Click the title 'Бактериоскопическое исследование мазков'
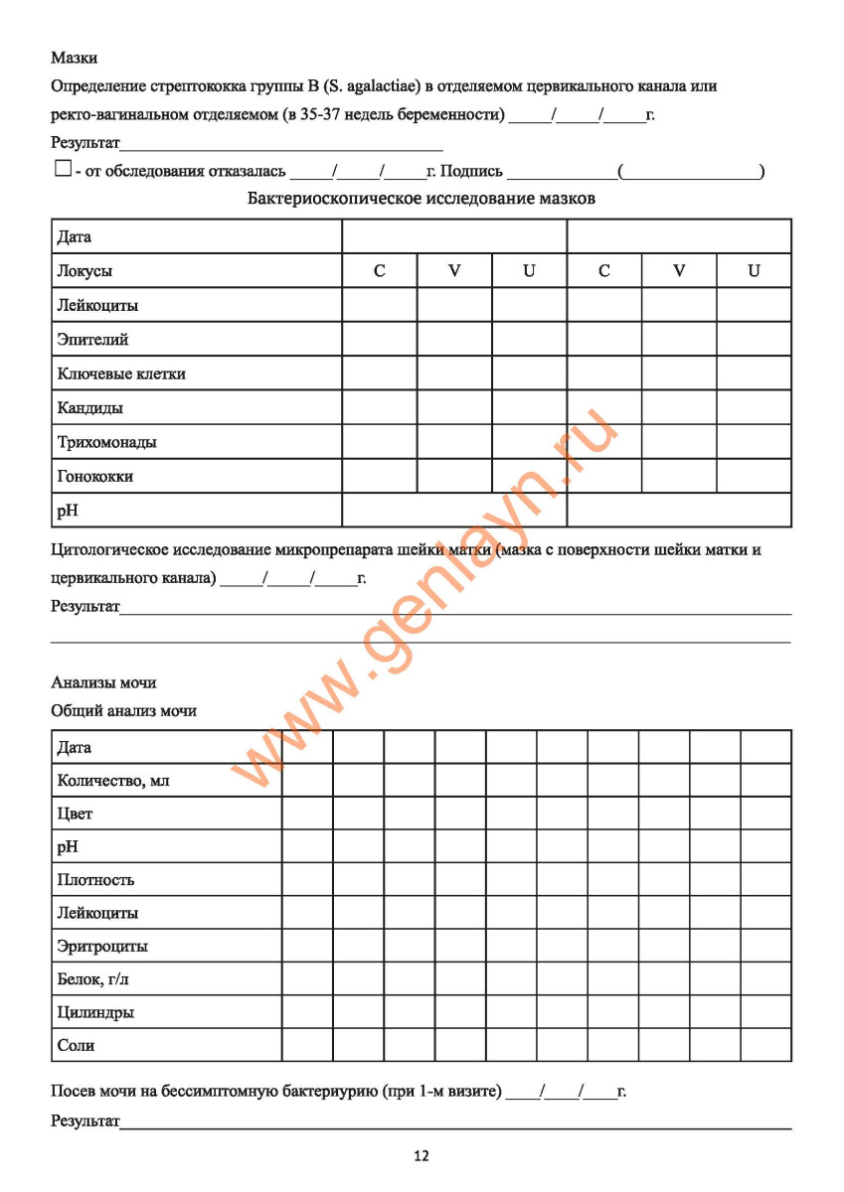point(422,198)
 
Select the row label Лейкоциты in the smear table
point(98,305)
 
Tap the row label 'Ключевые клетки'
point(121,373)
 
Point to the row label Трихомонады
point(107,442)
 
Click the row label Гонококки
point(95,476)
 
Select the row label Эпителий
point(93,340)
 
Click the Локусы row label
point(85,271)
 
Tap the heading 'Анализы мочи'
point(103,682)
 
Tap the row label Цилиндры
point(96,1013)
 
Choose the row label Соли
point(77,1046)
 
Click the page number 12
point(422,1155)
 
